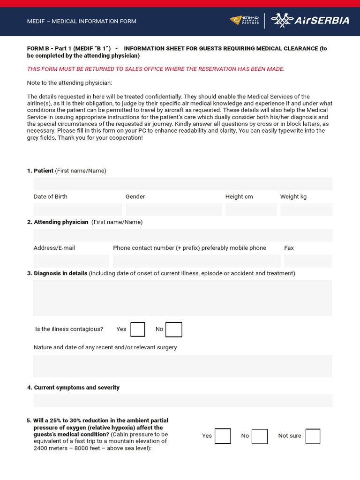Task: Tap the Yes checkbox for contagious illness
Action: pyautogui.click(x=138, y=330)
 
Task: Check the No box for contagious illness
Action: pyautogui.click(x=174, y=330)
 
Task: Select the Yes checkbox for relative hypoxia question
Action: pyautogui.click(x=223, y=436)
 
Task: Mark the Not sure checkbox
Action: pyautogui.click(x=313, y=436)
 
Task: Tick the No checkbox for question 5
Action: pyautogui.click(x=260, y=436)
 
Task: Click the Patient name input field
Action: pyautogui.click(x=183, y=184)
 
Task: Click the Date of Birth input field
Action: pyautogui.click(x=77, y=210)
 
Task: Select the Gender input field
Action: pyautogui.click(x=173, y=210)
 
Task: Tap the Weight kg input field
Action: pyautogui.click(x=306, y=210)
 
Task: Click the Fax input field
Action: pyautogui.click(x=307, y=261)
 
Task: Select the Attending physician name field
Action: pyautogui.click(x=183, y=235)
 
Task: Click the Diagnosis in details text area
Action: pyautogui.click(x=183, y=298)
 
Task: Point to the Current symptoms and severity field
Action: pyautogui.click(x=183, y=401)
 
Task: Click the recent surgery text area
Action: pyautogui.click(x=183, y=366)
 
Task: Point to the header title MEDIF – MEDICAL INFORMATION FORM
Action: pyautogui.click(x=82, y=21)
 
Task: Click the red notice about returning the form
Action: pyautogui.click(x=156, y=69)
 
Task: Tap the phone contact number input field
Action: pyautogui.click(x=196, y=261)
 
